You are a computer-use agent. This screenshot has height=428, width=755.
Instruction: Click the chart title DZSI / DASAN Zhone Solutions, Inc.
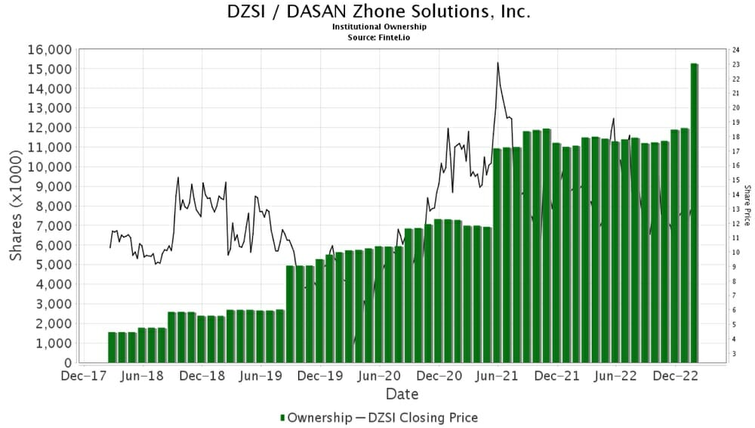pos(378,12)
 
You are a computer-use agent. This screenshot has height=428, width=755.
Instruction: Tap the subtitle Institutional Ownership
pos(378,26)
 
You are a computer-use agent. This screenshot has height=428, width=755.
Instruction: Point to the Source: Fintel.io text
pos(378,36)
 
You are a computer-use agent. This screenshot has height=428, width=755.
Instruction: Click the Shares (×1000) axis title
pos(16,206)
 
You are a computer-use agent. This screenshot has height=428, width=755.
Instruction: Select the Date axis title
pos(402,394)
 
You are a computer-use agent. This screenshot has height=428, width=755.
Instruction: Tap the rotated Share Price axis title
pos(747,205)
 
